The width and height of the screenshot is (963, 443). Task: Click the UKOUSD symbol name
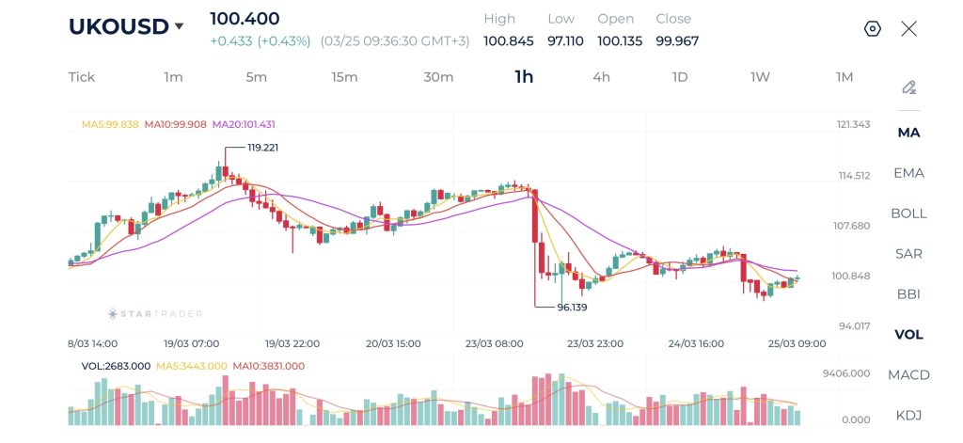coord(118,26)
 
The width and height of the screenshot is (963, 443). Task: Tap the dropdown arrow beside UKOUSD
coord(179,27)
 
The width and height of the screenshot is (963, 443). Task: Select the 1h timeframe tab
coord(524,77)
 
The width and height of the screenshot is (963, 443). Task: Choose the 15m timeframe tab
coord(344,77)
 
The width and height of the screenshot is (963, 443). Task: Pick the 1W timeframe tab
coord(760,77)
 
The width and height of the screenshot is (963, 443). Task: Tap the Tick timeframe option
coord(82,77)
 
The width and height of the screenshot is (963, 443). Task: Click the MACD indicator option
coord(908,375)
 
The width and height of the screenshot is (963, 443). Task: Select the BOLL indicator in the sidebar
coord(908,214)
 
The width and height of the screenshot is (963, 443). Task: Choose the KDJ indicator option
coord(908,416)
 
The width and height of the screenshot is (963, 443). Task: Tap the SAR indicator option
coord(908,254)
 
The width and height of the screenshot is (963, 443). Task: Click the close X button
coord(908,28)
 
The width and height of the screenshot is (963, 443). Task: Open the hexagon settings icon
coord(872,28)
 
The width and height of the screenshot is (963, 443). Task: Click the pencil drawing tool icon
coord(908,87)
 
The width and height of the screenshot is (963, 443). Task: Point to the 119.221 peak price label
coord(262,148)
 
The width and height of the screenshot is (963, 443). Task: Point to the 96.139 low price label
coord(573,308)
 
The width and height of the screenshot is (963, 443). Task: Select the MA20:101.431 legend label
coord(244,124)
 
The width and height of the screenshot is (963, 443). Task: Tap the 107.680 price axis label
coord(855,226)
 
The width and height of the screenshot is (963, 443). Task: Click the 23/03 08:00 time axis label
coord(494,344)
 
